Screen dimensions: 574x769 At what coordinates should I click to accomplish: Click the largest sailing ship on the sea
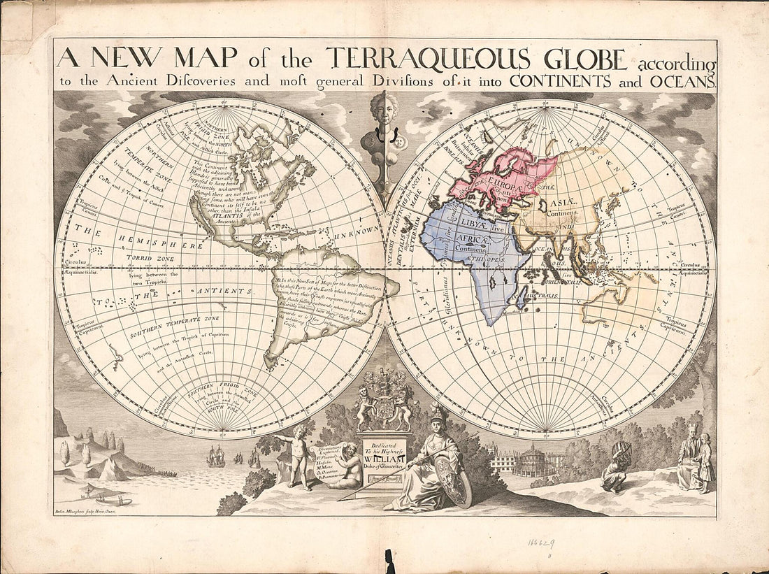coord(216,456)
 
